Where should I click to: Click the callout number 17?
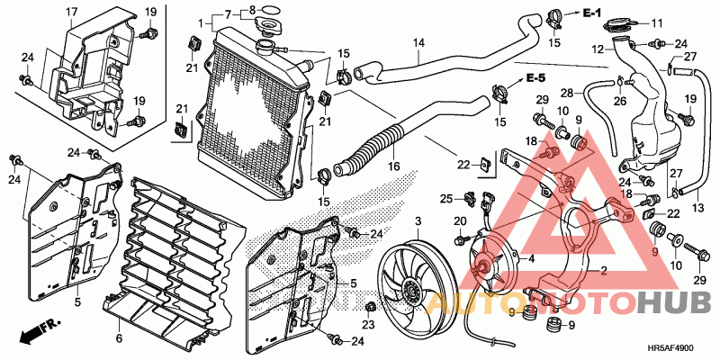pos(72,11)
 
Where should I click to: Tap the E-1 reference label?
pos(592,13)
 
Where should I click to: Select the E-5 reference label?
pos(535,78)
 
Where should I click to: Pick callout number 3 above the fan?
pos(418,222)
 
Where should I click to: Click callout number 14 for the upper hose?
pos(418,43)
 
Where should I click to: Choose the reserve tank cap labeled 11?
pos(620,23)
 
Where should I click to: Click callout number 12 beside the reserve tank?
pos(597,48)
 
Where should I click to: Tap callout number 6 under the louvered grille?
pos(120,339)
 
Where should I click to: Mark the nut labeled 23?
pos(369,307)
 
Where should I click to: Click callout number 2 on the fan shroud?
pos(604,271)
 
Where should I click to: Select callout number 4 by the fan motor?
pos(531,258)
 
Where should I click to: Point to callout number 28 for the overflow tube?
pos(566,94)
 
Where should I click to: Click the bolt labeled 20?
pos(460,239)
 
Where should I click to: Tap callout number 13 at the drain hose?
pos(697,208)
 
